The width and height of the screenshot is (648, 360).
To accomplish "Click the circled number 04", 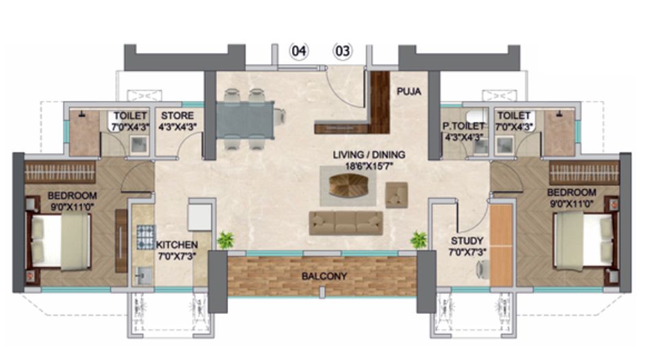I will [300, 51].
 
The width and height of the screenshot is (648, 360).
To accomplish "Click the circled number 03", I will [343, 51].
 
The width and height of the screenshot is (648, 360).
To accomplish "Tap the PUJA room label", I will [408, 91].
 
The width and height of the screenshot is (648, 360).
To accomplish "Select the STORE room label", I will [178, 115].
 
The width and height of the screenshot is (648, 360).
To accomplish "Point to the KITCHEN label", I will [177, 245].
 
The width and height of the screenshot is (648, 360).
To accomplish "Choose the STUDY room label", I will [467, 241].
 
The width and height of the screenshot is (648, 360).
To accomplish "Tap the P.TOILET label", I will [464, 126].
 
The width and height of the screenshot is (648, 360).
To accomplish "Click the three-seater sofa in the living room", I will [346, 223].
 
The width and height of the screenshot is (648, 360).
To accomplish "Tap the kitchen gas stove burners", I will [145, 236].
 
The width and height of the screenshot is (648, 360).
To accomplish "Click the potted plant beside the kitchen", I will [224, 240].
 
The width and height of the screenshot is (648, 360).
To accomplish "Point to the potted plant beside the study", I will [418, 240].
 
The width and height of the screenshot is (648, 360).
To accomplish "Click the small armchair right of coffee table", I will [396, 195].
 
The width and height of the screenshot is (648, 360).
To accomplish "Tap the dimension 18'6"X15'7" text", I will [368, 165].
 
